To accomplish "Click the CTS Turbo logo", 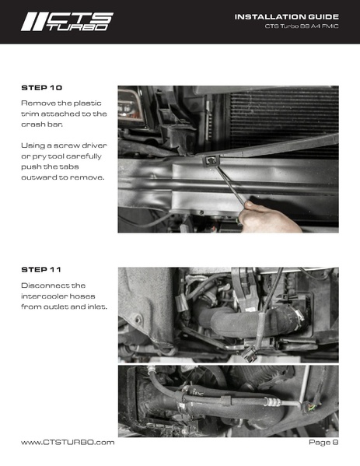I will click(x=67, y=21).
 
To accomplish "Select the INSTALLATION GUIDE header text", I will click(x=286, y=16).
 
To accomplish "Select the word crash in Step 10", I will click(x=35, y=124).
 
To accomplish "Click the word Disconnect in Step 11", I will click(x=46, y=286).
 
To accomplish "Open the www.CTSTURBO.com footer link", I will click(x=68, y=442).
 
